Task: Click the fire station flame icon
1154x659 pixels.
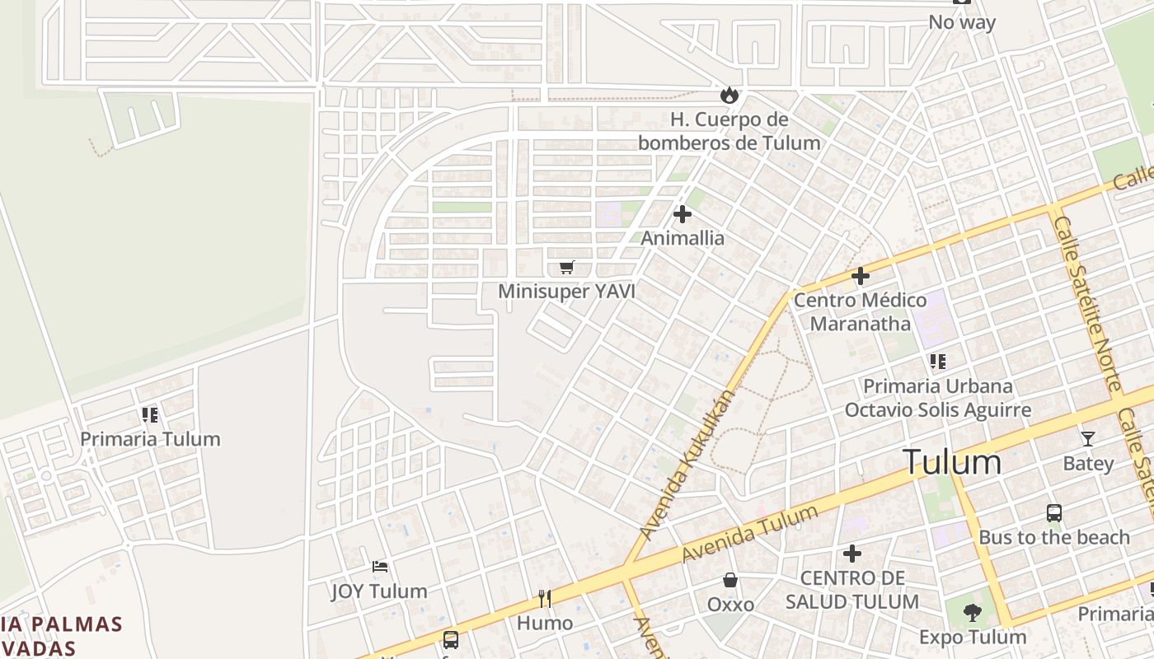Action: (729, 96)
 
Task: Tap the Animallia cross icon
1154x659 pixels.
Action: (683, 214)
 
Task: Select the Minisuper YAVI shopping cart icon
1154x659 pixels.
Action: (566, 267)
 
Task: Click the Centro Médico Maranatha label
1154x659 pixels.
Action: (860, 311)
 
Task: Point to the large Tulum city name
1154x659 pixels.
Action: (952, 462)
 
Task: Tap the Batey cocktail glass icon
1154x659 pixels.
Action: (1088, 439)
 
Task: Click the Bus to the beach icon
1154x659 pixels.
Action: (1054, 513)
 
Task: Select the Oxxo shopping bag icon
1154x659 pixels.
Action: (730, 581)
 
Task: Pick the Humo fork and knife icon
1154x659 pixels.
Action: (544, 598)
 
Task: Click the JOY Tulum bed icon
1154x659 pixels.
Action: (379, 567)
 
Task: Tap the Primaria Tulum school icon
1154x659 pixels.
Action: (149, 414)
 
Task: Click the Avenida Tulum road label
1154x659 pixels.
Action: (750, 534)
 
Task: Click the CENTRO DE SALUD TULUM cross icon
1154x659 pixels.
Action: (852, 554)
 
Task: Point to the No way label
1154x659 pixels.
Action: (962, 22)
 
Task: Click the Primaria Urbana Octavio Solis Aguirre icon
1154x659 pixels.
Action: (937, 361)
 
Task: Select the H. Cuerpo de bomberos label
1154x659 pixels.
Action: (729, 131)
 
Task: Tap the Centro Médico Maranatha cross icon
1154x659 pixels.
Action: (861, 276)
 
